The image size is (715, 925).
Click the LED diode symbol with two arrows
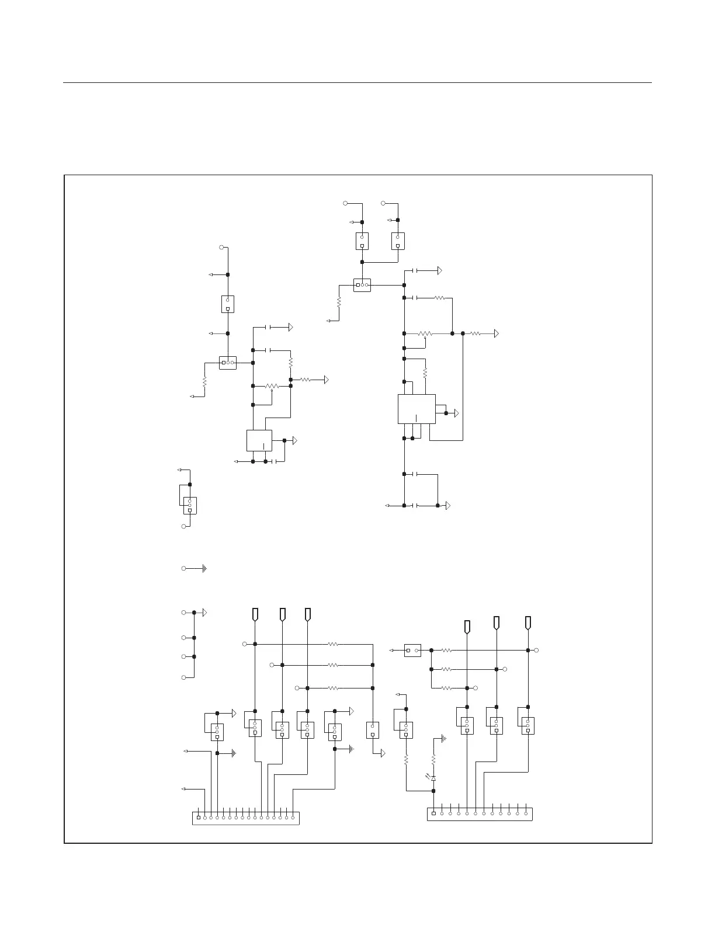pos(433,778)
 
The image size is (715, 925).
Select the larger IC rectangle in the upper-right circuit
pos(416,409)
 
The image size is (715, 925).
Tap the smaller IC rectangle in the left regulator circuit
pos(259,440)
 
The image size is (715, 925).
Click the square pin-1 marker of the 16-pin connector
pos(199,818)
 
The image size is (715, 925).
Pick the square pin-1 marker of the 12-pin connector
pos(433,813)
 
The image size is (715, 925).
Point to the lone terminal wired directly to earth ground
pos(184,568)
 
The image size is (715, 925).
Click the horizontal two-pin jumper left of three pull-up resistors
pos(412,650)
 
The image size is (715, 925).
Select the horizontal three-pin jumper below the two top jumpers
pos(362,285)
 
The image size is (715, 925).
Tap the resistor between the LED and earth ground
pos(433,759)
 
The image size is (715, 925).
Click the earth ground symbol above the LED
pos(443,738)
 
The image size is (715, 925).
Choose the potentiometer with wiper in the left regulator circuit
pos(272,386)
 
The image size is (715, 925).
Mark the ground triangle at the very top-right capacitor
pos(439,271)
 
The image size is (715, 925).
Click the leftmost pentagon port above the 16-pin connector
pos(255,614)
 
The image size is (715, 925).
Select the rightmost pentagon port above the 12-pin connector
pos(528,623)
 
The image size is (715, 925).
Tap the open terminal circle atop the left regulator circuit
pos(221,248)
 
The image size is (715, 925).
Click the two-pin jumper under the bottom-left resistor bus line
pos(372,730)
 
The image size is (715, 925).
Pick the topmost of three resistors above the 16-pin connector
pos(333,644)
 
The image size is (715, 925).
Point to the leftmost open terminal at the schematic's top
pos(345,203)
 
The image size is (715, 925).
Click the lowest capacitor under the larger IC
pos(416,505)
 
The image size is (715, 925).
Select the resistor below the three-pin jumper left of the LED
pos(406,760)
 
